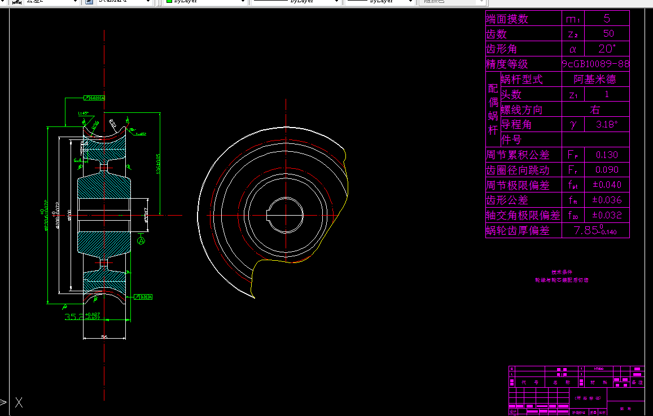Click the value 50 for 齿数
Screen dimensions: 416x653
click(x=607, y=34)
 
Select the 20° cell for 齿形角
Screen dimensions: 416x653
click(x=607, y=49)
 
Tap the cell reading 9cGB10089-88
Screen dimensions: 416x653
click(x=595, y=64)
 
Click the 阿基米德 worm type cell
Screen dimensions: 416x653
click(x=595, y=80)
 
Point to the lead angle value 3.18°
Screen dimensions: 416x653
click(x=607, y=125)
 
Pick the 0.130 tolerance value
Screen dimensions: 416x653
click(x=607, y=155)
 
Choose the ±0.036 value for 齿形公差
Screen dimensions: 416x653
click(x=607, y=200)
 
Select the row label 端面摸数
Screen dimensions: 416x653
click(x=507, y=19)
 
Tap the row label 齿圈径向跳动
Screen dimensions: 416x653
click(x=518, y=170)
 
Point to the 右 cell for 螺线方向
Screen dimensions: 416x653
click(x=595, y=110)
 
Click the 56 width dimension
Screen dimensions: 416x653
click(x=104, y=336)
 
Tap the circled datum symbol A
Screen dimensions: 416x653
click(x=141, y=240)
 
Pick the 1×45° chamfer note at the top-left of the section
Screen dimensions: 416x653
click(x=84, y=113)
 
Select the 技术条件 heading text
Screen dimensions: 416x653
click(x=562, y=272)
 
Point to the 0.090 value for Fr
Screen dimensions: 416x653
click(x=607, y=170)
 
